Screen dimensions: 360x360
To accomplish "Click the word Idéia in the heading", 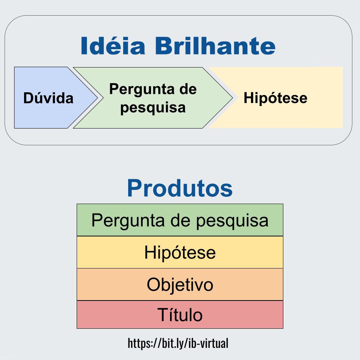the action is point(113,45).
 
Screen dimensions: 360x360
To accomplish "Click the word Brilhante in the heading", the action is point(215,45).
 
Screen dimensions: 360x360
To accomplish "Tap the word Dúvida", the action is point(48,98).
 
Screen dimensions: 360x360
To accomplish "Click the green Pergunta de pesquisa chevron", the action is point(153,98).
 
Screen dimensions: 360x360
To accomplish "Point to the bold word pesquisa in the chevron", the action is point(153,108).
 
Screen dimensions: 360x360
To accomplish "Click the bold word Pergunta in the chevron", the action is point(141,89).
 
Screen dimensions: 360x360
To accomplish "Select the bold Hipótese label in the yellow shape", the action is point(275,98).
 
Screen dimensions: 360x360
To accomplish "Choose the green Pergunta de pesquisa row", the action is point(180,220).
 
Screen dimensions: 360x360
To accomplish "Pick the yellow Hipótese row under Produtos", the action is point(180,252).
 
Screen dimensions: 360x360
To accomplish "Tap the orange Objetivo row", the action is point(180,284).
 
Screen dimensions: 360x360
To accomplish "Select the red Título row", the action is point(180,315).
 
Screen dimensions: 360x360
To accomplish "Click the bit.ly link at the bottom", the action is point(178,343).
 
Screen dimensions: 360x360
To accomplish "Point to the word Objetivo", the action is point(180,285).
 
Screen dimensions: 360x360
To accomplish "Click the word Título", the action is point(180,315).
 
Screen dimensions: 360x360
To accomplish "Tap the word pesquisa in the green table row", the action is point(232,221).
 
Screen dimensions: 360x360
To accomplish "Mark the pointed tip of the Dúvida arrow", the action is point(98,98).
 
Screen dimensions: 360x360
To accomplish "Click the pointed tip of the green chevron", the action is point(233,98).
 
